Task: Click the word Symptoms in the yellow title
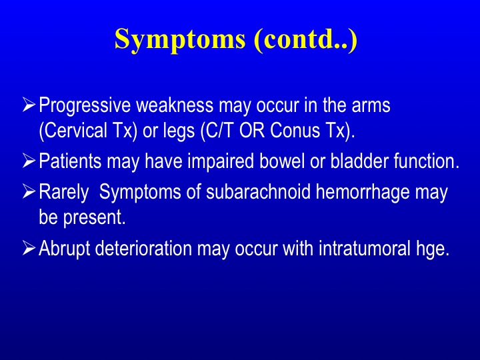pos(180,41)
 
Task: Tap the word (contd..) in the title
pos(305,40)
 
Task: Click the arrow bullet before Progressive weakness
pos(29,105)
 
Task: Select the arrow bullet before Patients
pos(29,161)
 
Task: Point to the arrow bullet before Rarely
pos(29,191)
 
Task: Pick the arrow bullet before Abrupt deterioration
pos(29,247)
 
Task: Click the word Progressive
pos(85,106)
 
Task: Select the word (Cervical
pos(73,131)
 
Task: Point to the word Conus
pos(295,130)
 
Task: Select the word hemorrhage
pos(363,193)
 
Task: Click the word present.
pos(95,218)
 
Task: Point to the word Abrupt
pos(65,249)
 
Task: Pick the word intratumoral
pos(365,248)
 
